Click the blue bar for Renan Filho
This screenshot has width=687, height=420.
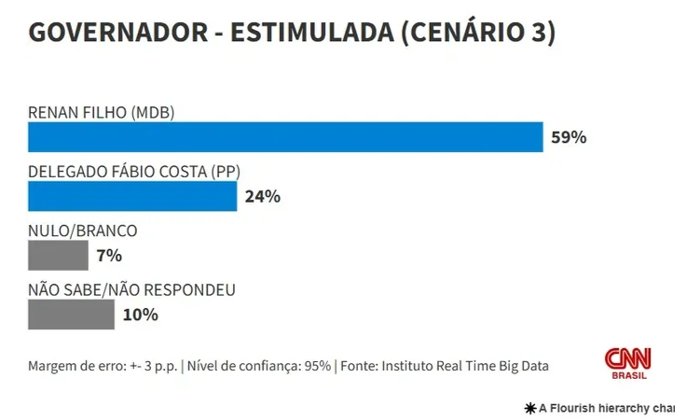coord(285,137)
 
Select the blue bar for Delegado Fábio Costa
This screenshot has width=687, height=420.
coord(132,196)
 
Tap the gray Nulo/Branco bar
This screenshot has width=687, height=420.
coord(58,255)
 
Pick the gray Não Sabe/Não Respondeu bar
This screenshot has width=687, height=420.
coord(71,314)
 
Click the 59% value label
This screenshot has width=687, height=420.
coord(568,137)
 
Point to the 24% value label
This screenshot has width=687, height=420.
coord(262,196)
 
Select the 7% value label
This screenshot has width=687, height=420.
coord(109,255)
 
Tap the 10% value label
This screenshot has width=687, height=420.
coord(140,315)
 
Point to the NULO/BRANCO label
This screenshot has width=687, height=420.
coord(83,231)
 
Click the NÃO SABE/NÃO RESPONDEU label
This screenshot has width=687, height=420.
coord(131,289)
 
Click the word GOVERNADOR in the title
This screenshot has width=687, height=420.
coord(116,33)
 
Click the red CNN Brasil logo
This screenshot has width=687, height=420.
coord(628,363)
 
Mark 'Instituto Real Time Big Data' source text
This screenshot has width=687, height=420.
coord(464,366)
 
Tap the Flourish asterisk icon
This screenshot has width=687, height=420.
coord(531,408)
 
